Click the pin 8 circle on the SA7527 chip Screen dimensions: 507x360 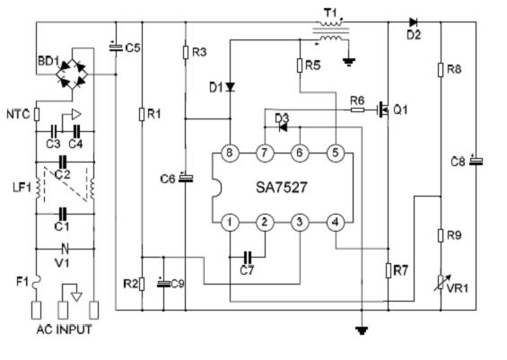[230, 153]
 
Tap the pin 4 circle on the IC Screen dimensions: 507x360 [336, 223]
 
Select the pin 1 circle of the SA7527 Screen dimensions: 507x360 [230, 223]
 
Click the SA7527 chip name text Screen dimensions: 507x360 [281, 188]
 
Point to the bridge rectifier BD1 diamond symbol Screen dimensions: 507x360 [72, 75]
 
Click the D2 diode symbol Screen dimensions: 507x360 [413, 22]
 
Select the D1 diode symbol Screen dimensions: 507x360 [231, 87]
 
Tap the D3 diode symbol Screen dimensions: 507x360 [283, 127]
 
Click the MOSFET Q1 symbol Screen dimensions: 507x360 [383, 110]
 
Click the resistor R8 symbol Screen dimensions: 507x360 [441, 70]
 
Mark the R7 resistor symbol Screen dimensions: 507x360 [389, 271]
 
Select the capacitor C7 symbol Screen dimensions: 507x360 [248, 257]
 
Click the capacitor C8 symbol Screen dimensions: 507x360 [476, 161]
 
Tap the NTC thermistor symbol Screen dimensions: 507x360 [37, 114]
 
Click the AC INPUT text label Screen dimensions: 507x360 [65, 329]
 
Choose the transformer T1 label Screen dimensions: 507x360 [330, 13]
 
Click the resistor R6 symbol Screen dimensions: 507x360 [357, 110]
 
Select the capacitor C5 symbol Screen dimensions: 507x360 [116, 48]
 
